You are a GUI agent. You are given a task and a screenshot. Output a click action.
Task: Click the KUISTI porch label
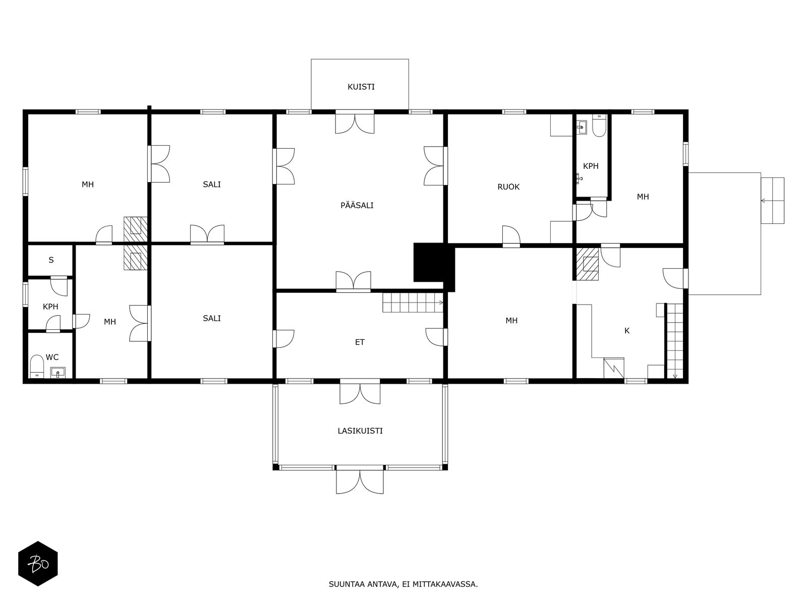[x=361, y=87]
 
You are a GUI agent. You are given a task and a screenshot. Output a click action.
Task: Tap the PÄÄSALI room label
[x=357, y=205]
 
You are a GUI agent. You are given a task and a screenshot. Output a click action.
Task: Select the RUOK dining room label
[x=508, y=187]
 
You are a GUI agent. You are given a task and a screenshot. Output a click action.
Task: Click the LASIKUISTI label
[x=360, y=431]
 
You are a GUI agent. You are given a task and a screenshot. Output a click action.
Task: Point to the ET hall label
[x=360, y=342]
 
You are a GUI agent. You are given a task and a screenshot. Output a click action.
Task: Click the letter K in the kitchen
[x=627, y=331]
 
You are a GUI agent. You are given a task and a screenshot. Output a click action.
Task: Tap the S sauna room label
[x=51, y=260]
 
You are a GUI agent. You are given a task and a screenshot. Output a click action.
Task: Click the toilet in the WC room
[x=37, y=366]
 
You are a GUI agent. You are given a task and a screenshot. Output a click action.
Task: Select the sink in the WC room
[x=59, y=372]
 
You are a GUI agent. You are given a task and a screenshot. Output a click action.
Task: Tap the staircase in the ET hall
[x=412, y=302]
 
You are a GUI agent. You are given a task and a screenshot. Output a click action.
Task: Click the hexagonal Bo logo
[x=38, y=564]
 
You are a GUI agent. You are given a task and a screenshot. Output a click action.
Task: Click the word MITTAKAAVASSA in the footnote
[x=444, y=585]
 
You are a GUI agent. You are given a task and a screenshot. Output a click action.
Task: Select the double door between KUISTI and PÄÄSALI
[x=355, y=122]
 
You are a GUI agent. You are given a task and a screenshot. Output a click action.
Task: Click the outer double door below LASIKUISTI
[x=360, y=481]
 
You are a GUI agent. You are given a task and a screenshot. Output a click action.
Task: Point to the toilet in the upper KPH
[x=599, y=127]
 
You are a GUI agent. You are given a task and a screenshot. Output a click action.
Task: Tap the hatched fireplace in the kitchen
[x=588, y=263]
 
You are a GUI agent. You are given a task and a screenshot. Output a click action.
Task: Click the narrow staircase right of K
[x=675, y=340]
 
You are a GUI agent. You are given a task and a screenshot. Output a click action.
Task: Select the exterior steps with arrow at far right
[x=772, y=201]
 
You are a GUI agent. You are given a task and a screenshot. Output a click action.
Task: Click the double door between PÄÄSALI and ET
[x=354, y=282]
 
